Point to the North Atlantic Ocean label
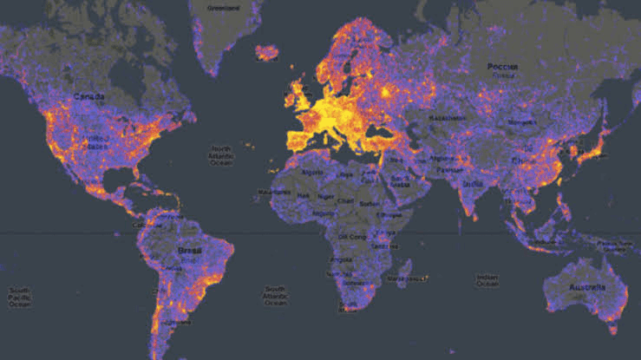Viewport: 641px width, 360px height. click(x=221, y=157)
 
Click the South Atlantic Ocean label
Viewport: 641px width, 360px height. click(x=276, y=295)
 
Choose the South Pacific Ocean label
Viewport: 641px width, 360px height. click(x=18, y=296)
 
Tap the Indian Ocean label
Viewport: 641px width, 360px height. click(x=487, y=279)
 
